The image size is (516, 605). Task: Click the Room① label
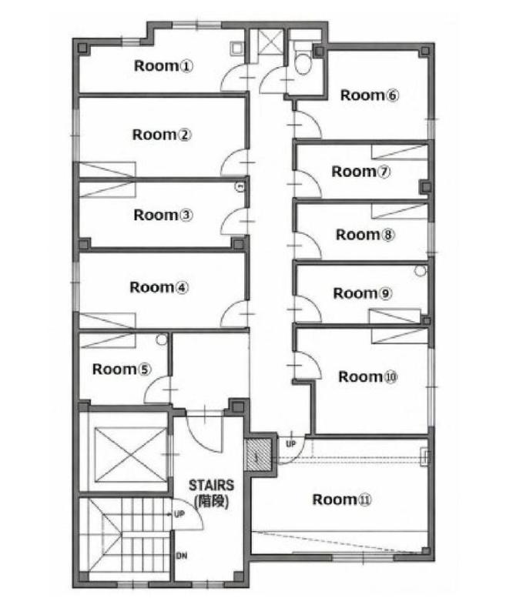(x=163, y=66)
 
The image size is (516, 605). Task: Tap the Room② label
(x=162, y=135)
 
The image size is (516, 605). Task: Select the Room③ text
(x=163, y=215)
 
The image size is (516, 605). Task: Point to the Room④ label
(x=159, y=287)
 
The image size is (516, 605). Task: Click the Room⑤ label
(x=122, y=369)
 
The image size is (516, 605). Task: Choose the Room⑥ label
(x=370, y=95)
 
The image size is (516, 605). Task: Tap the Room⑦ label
(x=361, y=172)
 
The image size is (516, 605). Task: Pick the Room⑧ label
(x=365, y=235)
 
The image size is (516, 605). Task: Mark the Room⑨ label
(x=363, y=293)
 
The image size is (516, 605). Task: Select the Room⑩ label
(x=368, y=376)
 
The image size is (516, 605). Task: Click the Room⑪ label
(x=341, y=500)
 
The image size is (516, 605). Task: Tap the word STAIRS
(x=211, y=485)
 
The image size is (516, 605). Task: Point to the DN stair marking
(x=182, y=556)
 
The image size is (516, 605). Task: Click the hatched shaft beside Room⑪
(x=258, y=455)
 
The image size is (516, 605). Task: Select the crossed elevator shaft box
(x=131, y=455)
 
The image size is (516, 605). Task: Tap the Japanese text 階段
(x=212, y=501)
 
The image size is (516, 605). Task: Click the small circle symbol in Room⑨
(x=421, y=271)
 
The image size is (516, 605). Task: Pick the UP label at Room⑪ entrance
(x=290, y=444)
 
